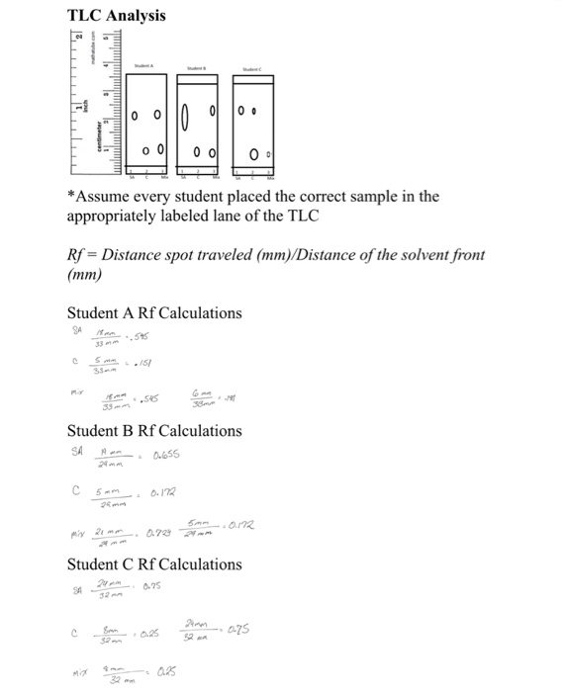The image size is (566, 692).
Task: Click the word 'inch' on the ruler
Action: click(x=86, y=103)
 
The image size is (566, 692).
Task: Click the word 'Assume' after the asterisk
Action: click(x=105, y=196)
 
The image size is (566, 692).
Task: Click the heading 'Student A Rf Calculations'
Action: click(x=153, y=313)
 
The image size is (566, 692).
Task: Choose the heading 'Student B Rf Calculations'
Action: click(x=153, y=431)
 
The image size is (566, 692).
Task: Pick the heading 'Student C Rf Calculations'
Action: click(x=153, y=564)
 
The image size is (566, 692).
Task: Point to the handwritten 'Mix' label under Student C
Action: click(x=73, y=677)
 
